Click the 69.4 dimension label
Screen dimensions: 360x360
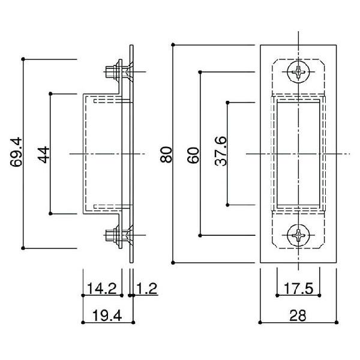click(16, 152)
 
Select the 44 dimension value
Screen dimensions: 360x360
click(43, 155)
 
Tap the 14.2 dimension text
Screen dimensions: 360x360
click(102, 289)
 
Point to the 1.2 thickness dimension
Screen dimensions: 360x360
click(147, 289)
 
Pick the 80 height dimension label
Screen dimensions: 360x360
click(166, 155)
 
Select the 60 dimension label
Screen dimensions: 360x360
click(193, 155)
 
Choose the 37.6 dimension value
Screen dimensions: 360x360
click(221, 151)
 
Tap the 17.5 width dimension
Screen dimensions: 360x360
click(298, 289)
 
